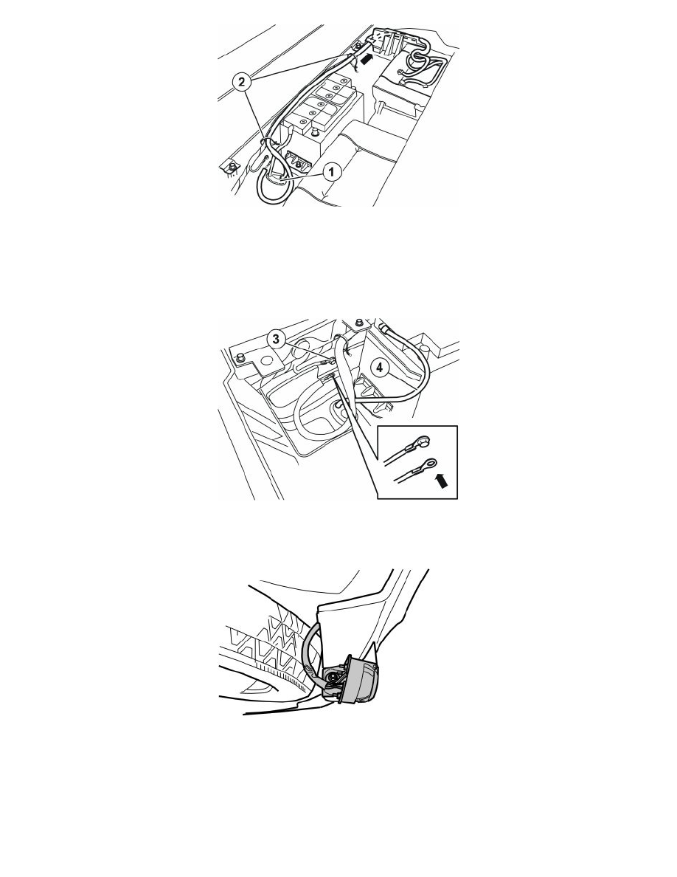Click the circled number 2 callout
[241, 83]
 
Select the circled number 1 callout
[331, 172]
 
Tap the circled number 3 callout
[275, 338]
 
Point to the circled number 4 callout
[380, 368]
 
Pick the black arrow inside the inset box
[441, 479]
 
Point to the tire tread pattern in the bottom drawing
[274, 650]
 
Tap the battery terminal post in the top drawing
[314, 132]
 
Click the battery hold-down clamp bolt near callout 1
[297, 164]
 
